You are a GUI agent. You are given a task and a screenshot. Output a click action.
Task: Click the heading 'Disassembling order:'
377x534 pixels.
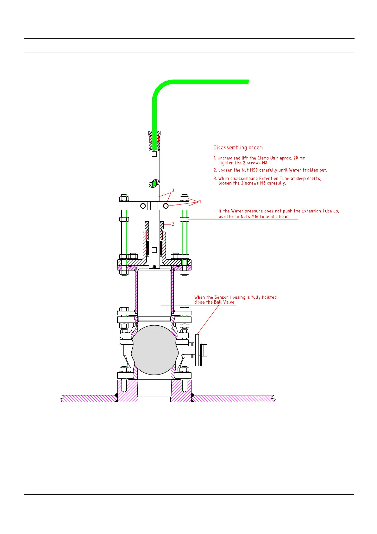click(238, 147)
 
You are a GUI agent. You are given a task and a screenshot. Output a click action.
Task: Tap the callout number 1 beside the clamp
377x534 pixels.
click(200, 202)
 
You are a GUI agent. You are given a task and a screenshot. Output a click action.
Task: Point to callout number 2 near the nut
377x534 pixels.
click(173, 224)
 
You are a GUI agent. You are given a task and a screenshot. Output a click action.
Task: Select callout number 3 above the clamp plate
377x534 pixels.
click(173, 190)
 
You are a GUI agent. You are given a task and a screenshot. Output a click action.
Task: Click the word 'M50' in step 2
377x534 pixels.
click(254, 170)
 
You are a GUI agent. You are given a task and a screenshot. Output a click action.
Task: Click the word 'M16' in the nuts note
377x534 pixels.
click(255, 217)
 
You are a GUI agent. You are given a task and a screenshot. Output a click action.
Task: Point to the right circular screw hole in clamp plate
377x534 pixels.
click(166, 206)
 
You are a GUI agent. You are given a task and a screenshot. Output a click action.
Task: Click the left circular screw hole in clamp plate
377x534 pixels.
click(143, 206)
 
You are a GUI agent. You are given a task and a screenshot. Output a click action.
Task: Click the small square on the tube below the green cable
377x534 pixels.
click(154, 154)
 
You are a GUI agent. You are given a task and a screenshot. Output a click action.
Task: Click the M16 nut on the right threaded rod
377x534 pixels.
click(185, 219)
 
